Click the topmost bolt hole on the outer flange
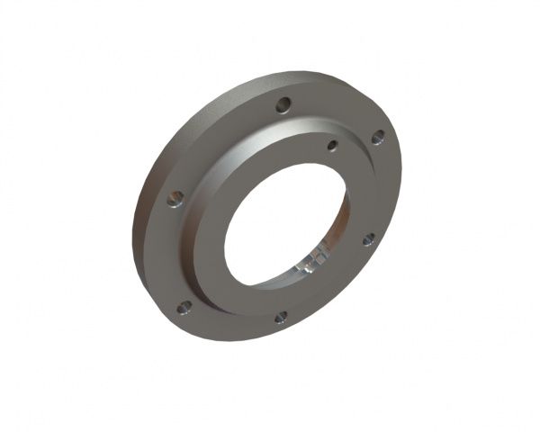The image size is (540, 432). (x=283, y=104)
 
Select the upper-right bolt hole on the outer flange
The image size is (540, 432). (x=378, y=137)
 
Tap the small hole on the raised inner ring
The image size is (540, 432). (x=332, y=145)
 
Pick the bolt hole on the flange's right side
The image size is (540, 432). (x=369, y=238)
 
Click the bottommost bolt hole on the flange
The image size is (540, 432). (x=281, y=316)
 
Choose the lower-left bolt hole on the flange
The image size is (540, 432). (x=184, y=307)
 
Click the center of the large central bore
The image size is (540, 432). (x=286, y=225)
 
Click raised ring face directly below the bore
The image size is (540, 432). (x=270, y=297)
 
